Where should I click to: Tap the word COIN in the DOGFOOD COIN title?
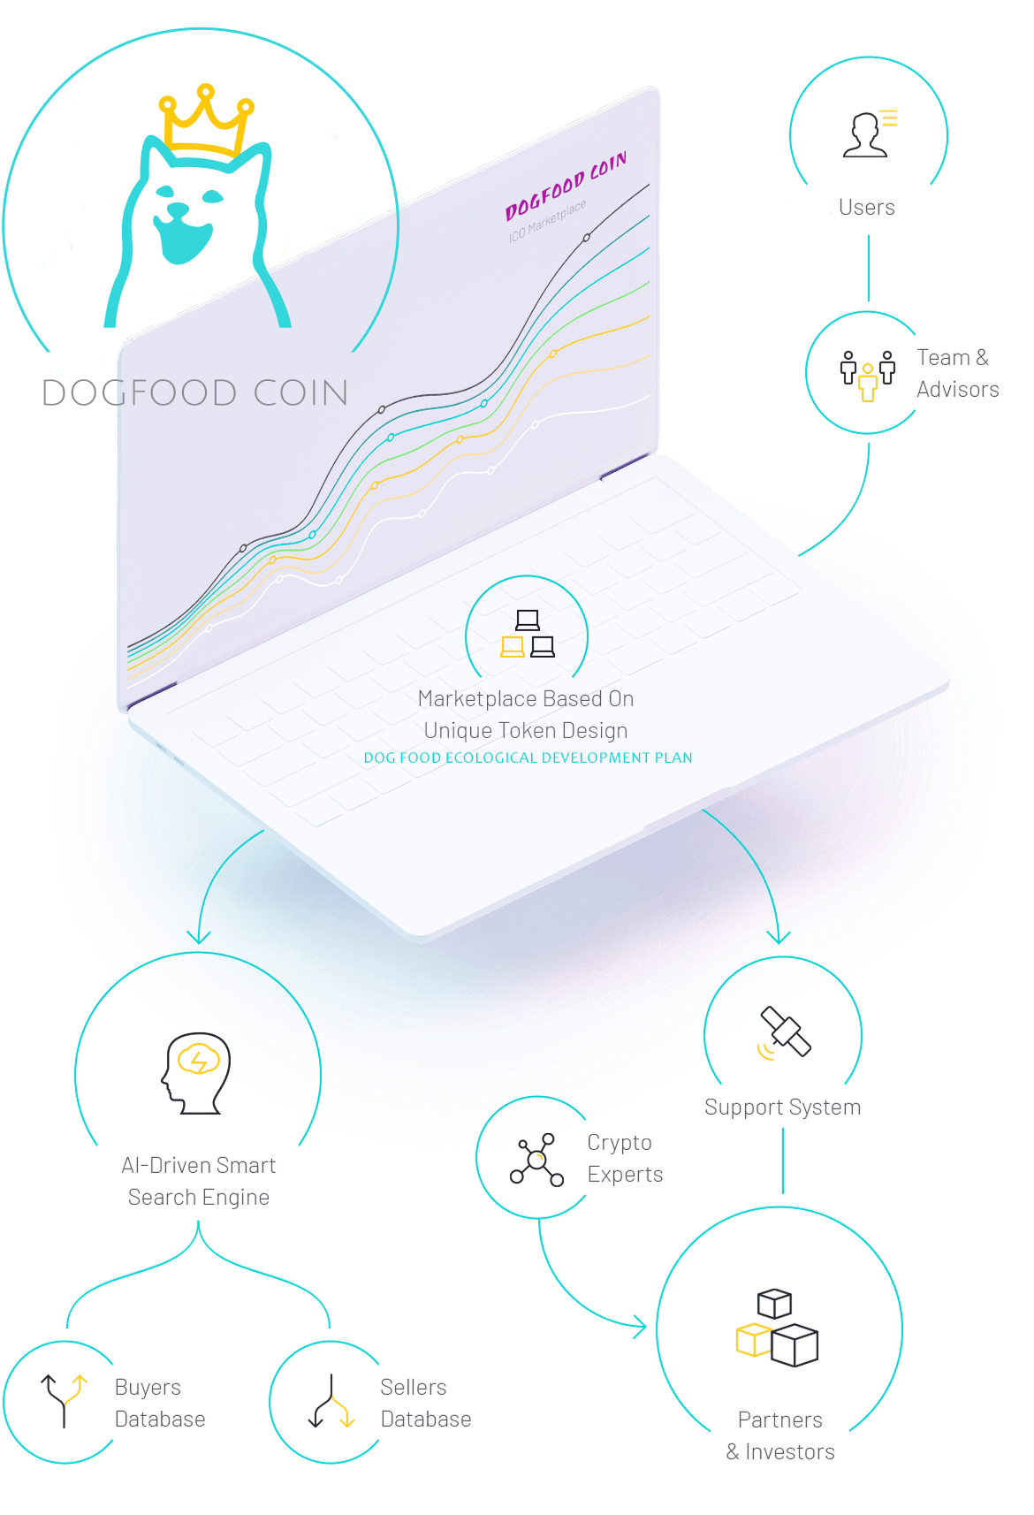coord(301,393)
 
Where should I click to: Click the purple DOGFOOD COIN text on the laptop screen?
coord(566,185)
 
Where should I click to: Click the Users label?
coord(866,207)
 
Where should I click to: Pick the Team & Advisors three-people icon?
coord(868,376)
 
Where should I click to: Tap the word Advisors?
coord(958,390)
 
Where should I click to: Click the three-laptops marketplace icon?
coord(528,633)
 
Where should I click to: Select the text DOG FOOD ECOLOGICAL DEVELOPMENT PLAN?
coord(528,757)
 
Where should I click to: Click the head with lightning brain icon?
coord(196,1073)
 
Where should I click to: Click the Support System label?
coord(782,1108)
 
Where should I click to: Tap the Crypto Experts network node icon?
coord(536,1160)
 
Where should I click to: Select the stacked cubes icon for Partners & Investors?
coord(777,1328)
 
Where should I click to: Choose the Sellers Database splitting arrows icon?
coord(331,1401)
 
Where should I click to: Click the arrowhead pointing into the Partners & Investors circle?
coord(641,1328)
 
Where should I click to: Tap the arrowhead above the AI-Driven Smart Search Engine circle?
coord(199,937)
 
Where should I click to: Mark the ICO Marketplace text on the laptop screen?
coord(547,221)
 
